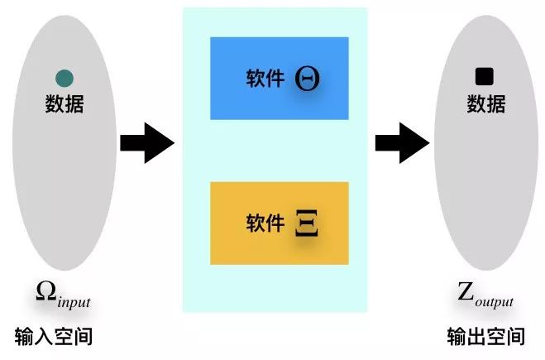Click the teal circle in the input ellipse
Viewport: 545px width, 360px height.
point(65,79)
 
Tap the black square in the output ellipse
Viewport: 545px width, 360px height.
point(485,77)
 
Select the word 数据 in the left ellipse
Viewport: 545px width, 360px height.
point(65,104)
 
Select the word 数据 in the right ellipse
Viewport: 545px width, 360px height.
point(485,104)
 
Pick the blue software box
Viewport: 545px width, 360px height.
point(279,79)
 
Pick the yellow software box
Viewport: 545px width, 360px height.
point(279,223)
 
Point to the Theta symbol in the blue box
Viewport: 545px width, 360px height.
point(308,79)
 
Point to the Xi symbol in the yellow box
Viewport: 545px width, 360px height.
point(307,223)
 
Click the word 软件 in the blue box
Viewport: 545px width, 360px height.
point(265,79)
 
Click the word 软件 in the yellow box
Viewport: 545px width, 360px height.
point(265,223)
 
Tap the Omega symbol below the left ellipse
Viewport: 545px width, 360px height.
point(46,291)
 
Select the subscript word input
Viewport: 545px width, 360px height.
point(74,299)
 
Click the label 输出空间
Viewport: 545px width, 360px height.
point(485,336)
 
